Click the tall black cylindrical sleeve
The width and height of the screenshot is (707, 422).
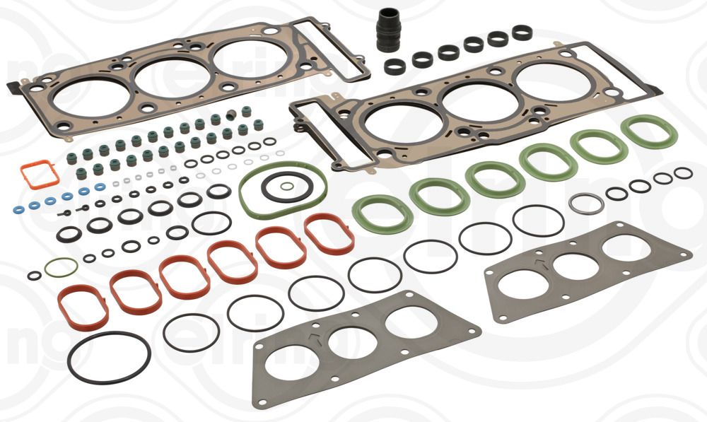[x=387, y=30]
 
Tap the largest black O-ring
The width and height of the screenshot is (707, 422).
[x=109, y=358]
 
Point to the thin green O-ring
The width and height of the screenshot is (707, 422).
[x=61, y=267]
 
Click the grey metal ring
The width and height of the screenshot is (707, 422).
[x=586, y=204]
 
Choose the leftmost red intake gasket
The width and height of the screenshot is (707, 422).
[x=83, y=307]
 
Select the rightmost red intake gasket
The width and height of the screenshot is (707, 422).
[x=329, y=234]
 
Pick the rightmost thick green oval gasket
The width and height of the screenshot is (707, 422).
[x=649, y=131]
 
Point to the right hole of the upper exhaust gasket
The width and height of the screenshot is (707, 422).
[x=626, y=247]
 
